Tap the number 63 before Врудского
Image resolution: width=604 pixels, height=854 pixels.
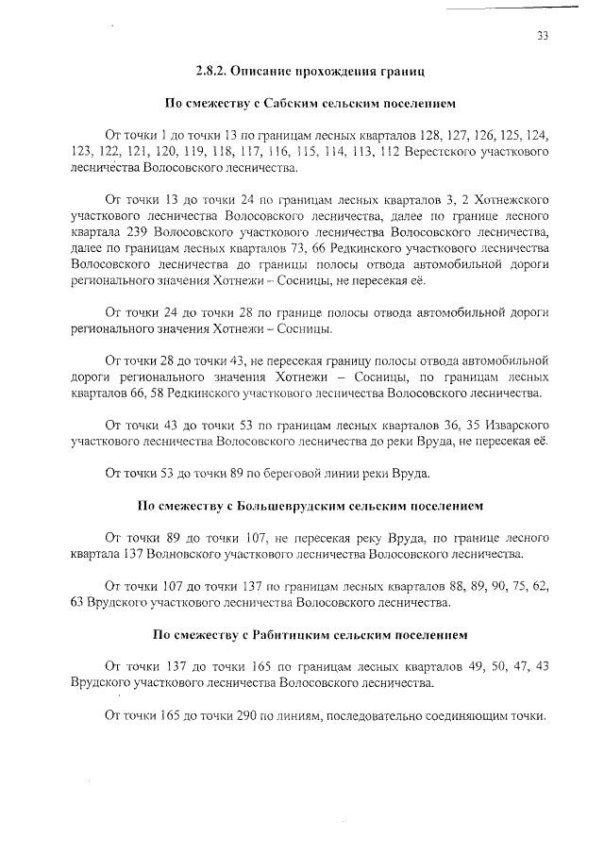78,601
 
